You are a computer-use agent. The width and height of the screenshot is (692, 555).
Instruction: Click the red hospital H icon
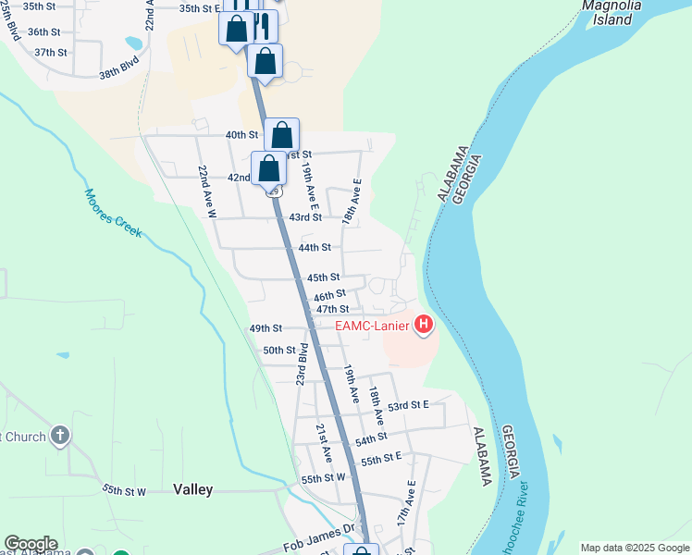(424, 324)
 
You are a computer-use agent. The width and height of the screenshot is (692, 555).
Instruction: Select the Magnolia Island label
(611, 10)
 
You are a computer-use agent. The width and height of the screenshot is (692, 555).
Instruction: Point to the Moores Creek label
(113, 213)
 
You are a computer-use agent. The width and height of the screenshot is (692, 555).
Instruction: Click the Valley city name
(192, 489)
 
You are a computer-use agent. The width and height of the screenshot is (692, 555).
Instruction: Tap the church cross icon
(59, 435)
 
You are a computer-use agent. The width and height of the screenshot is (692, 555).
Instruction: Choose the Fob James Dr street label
(319, 536)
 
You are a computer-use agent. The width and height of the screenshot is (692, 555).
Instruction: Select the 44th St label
(315, 247)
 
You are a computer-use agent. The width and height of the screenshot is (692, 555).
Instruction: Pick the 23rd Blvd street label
(301, 366)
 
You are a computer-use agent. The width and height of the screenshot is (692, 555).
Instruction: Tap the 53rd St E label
(409, 405)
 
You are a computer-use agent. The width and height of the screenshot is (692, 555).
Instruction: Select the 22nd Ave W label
(206, 191)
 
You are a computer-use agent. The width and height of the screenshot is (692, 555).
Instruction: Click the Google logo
(30, 544)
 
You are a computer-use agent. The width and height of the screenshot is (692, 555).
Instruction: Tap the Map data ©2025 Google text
(635, 548)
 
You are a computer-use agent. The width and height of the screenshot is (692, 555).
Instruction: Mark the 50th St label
(278, 351)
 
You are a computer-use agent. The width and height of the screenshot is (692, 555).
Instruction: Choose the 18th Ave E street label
(352, 203)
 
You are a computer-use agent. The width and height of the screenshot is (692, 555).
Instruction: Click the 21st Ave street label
(324, 444)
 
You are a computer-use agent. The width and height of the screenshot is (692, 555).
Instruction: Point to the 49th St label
(265, 327)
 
